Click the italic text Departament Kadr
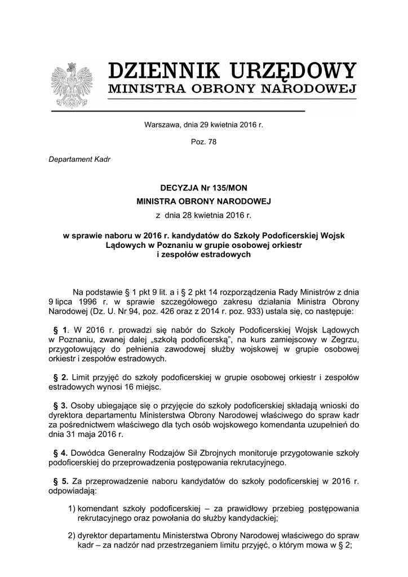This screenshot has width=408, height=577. click(79, 159)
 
